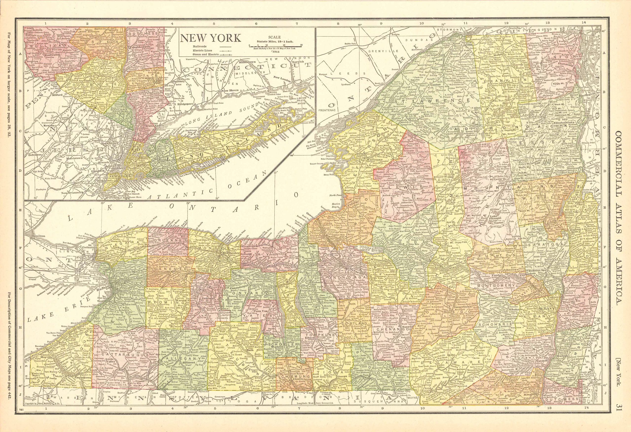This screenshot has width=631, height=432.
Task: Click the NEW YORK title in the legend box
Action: coord(211,38)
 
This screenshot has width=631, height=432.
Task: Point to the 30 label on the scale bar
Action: coord(301,45)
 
